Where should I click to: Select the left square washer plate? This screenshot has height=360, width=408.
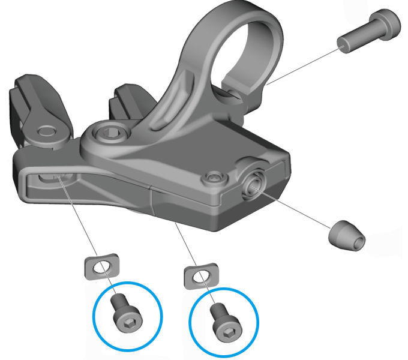tap(98, 266)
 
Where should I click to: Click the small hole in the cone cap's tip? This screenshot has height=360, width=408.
tap(358, 241)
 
